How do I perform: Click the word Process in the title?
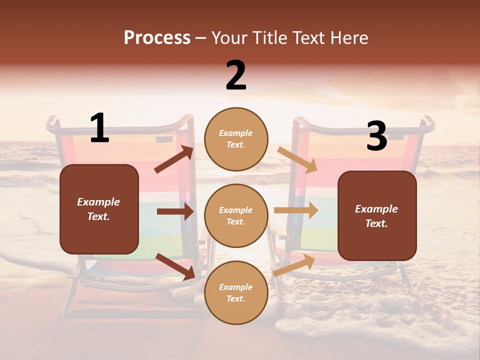[x=157, y=38]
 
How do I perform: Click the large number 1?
[x=99, y=128]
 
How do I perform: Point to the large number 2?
[x=236, y=75]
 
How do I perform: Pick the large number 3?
[x=376, y=136]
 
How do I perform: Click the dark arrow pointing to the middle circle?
[x=175, y=211]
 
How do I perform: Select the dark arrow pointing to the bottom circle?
[x=175, y=266]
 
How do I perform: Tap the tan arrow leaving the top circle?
[x=297, y=159]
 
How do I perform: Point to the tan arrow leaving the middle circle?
[x=295, y=210]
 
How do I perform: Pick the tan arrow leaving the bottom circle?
[x=294, y=265]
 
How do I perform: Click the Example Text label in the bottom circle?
[x=236, y=293]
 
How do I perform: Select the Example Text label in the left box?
[x=99, y=209]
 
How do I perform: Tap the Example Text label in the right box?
[x=377, y=216]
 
